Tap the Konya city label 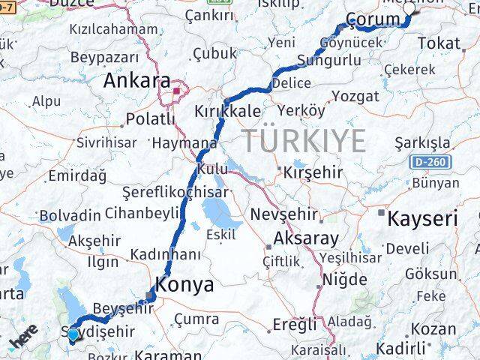pos(184,284)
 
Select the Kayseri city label pos(422,219)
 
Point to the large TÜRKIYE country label pos(304,140)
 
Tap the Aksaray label pos(307,238)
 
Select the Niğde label pos(343,279)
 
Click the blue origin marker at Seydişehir pos(72,336)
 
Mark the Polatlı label pos(150,118)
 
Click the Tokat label pos(439,43)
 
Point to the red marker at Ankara pos(177,91)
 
